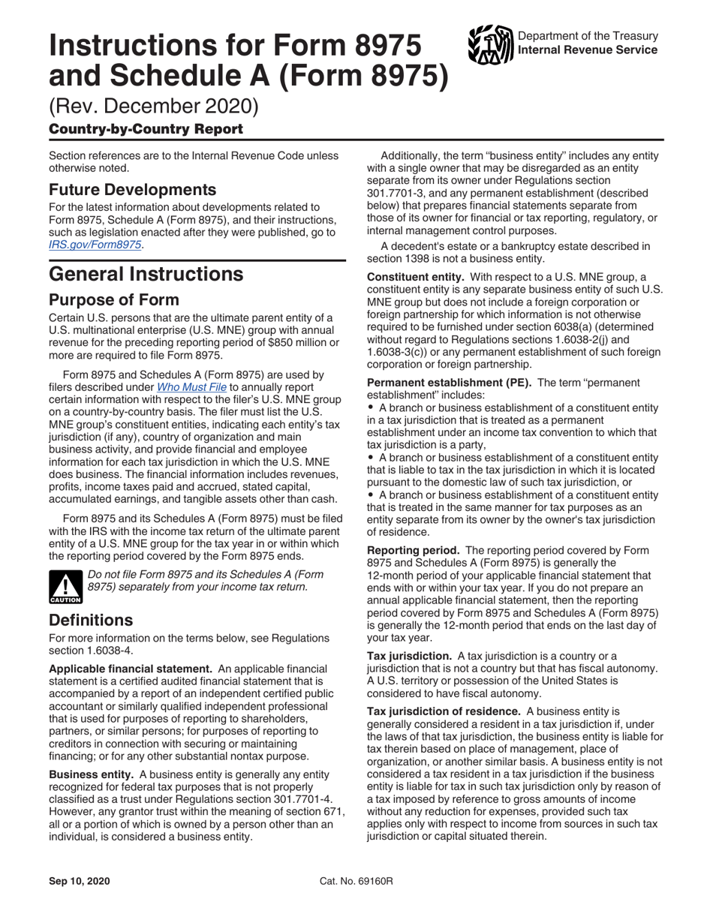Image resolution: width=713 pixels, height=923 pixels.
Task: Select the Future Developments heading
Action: (x=133, y=188)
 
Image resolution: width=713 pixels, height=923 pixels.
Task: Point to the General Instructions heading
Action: (x=146, y=274)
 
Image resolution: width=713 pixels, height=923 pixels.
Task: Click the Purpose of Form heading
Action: (x=114, y=300)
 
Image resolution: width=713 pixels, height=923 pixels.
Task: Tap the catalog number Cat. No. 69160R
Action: (x=356, y=881)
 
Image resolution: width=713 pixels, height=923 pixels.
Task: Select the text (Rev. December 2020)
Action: (x=154, y=107)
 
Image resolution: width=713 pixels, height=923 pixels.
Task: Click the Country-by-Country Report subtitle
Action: (x=146, y=129)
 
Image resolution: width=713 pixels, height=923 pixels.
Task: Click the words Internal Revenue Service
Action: (x=588, y=50)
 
